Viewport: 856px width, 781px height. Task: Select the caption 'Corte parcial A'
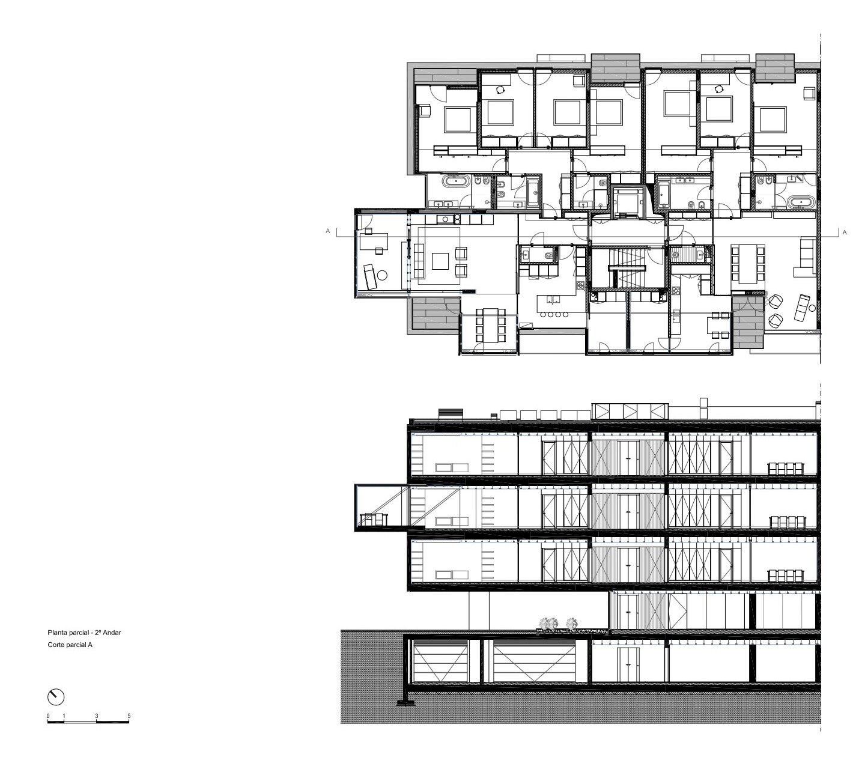(x=70, y=645)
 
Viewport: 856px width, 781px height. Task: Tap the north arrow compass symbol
(x=55, y=697)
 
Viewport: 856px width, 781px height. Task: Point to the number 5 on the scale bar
(x=129, y=716)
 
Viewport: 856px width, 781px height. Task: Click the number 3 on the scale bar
(x=97, y=716)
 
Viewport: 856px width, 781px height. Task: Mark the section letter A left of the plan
(x=327, y=231)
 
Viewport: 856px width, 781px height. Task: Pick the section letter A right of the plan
(x=845, y=232)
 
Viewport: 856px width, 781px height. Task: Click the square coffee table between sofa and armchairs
(x=440, y=261)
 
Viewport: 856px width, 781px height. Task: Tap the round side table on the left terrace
(x=381, y=276)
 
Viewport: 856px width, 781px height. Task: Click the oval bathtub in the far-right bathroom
(x=800, y=202)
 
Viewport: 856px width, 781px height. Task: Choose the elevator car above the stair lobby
(x=628, y=201)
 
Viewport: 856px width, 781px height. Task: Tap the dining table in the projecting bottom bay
(x=490, y=325)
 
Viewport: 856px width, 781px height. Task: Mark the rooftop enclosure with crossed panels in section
(x=630, y=412)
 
